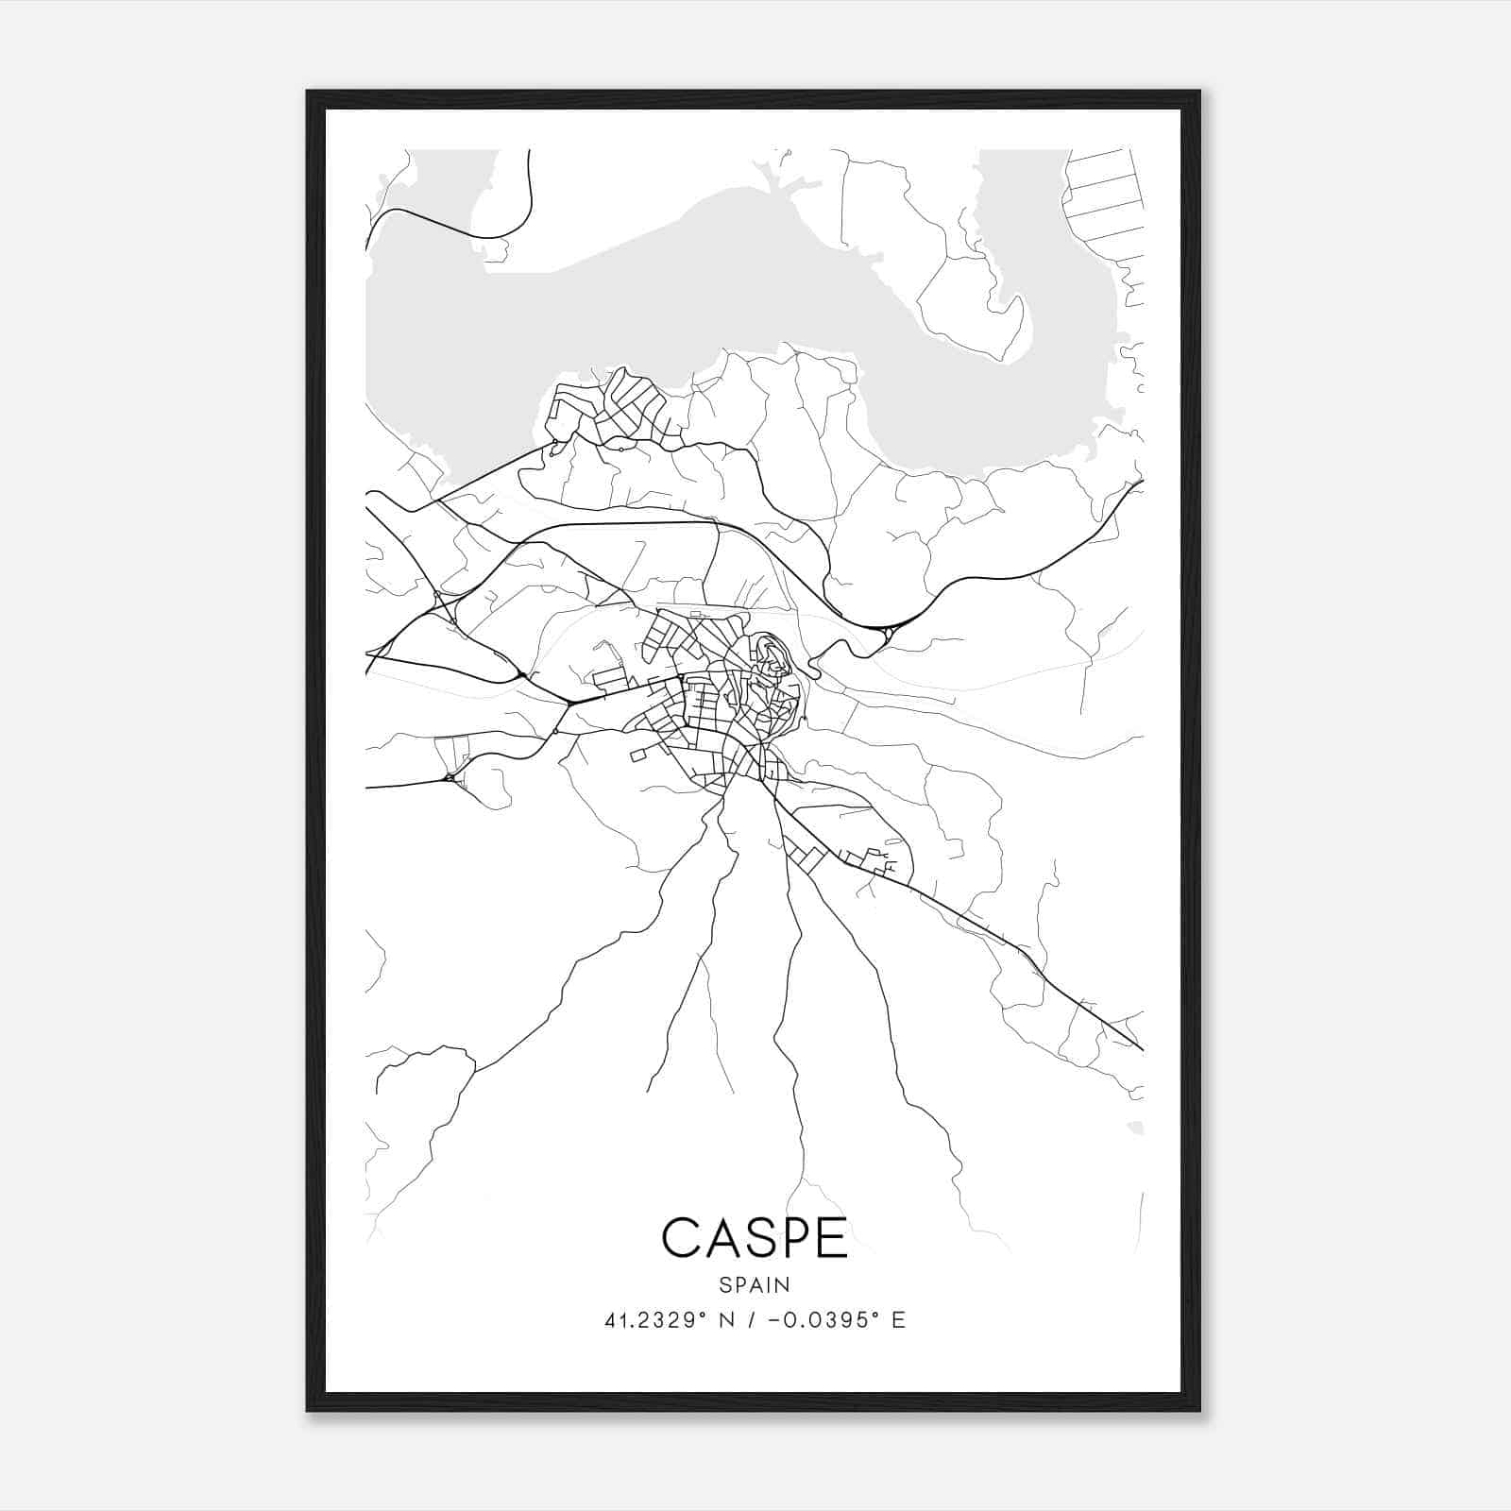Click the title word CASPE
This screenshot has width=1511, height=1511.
tap(755, 1237)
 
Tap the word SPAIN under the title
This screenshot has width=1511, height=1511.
tap(755, 1284)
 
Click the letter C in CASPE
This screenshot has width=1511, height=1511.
tap(679, 1237)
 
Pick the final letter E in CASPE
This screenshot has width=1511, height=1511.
tap(832, 1237)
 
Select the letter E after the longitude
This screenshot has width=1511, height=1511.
tap(898, 1320)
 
